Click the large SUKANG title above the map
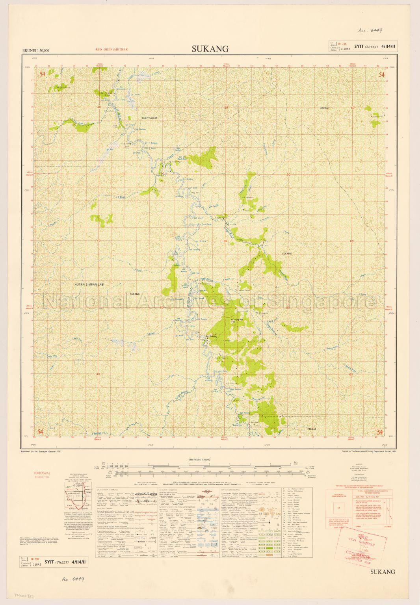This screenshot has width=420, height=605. (x=210, y=49)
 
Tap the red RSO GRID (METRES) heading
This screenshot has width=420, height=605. (x=112, y=50)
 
